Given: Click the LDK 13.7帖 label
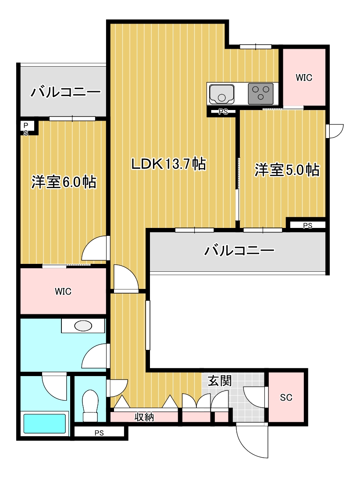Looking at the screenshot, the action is click(x=169, y=164).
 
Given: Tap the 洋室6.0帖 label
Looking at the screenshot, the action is click(x=64, y=182).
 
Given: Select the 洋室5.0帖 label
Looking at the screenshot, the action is click(x=287, y=170).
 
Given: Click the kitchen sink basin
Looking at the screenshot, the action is click(x=221, y=94).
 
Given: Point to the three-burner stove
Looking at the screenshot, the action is click(x=260, y=93).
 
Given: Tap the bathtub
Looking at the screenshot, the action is click(x=45, y=423).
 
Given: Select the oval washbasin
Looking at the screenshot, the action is click(x=83, y=326).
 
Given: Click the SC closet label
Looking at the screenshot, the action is click(x=286, y=397).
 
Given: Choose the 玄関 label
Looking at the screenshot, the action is click(x=220, y=380).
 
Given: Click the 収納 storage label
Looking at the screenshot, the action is click(x=144, y=417).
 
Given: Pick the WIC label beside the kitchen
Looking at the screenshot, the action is click(x=304, y=78).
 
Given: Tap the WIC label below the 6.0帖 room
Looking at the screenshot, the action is click(x=63, y=292).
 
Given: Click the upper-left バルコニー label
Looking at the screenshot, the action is click(x=65, y=92).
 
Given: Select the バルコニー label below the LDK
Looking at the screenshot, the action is click(x=239, y=251).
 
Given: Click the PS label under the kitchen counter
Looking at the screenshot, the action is click(x=223, y=112).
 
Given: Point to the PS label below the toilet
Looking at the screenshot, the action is click(x=99, y=433).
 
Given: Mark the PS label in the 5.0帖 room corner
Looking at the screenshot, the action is click(x=308, y=226).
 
